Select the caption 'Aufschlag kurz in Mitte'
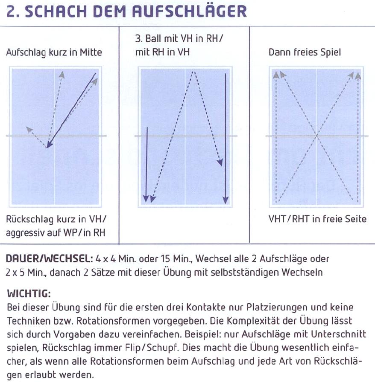54,52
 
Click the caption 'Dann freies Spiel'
305,52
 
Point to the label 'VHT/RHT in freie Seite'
317,219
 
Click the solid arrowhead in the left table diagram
49,145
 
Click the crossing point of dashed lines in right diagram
317,136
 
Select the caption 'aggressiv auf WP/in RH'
56,232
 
